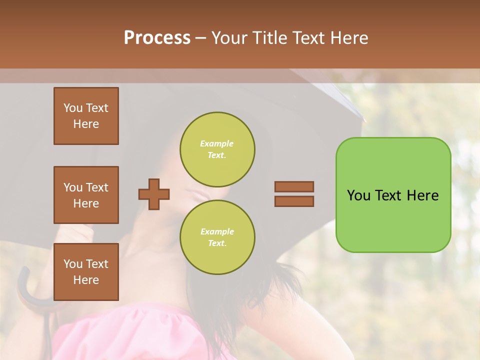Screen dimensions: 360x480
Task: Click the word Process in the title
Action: pos(157,38)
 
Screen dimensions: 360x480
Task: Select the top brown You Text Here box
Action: pos(86,116)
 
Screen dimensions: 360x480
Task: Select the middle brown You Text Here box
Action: pos(86,195)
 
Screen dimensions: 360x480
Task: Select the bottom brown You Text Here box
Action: pos(86,271)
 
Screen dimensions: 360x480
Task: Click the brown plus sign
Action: pos(154,194)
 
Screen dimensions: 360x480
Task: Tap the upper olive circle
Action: pos(217,149)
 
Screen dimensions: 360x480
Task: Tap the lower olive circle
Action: pos(217,237)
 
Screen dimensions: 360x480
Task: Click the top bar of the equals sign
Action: pos(294,186)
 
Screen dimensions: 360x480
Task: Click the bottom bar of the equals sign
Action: pos(294,201)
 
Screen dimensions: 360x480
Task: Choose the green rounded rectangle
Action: pos(393,195)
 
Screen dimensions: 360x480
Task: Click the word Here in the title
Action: pos(349,38)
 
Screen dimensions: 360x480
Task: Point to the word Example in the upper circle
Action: pos(217,143)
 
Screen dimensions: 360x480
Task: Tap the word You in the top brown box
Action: pos(72,108)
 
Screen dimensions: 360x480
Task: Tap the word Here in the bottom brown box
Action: pos(86,280)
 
